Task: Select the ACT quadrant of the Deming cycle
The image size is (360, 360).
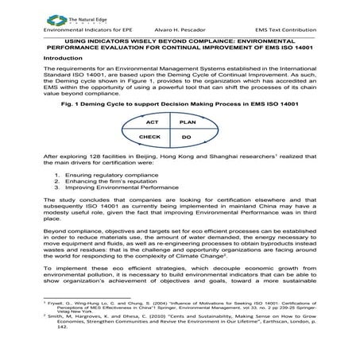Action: point(153,123)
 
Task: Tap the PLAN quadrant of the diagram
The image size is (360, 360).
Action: point(188,123)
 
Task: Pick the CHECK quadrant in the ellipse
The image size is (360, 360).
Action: point(150,137)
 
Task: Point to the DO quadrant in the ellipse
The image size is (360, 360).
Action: point(188,137)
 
